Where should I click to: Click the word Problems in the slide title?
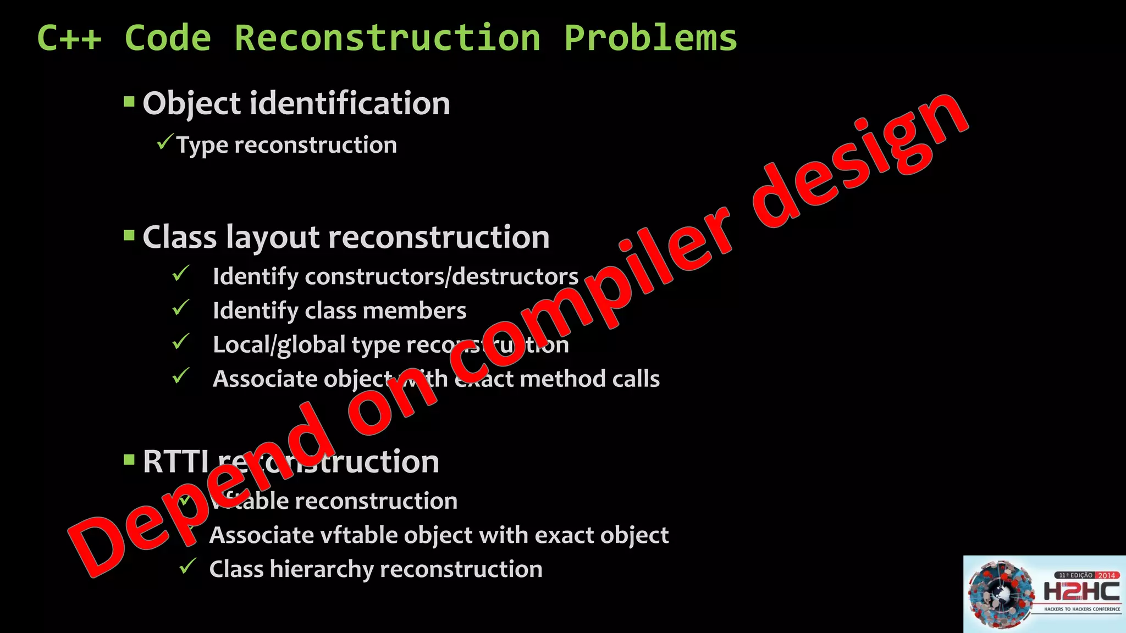650,38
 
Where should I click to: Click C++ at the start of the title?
69,38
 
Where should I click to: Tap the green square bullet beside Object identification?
129,102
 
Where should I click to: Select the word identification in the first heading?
350,103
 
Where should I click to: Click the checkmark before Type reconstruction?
164,142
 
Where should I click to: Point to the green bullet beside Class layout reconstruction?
129,236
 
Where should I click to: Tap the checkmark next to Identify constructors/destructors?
180,273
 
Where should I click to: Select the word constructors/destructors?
441,276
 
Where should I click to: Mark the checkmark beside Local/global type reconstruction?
180,341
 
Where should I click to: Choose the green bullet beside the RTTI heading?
129,459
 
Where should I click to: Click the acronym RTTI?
175,462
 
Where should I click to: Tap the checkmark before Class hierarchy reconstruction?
188,565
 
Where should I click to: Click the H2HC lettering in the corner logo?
1081,592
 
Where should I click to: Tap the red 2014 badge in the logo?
1106,575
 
